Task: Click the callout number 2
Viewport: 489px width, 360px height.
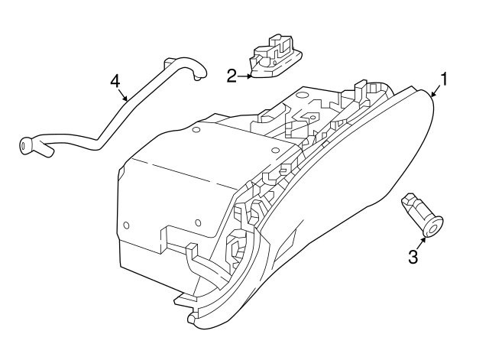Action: point(232,75)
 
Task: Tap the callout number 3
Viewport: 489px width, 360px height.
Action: point(413,258)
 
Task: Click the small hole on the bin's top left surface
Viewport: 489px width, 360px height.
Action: point(196,131)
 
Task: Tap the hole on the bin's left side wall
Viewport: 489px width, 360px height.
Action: point(126,225)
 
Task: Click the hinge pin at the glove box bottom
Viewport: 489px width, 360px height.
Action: point(189,316)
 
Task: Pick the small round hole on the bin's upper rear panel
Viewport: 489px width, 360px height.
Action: point(301,96)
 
